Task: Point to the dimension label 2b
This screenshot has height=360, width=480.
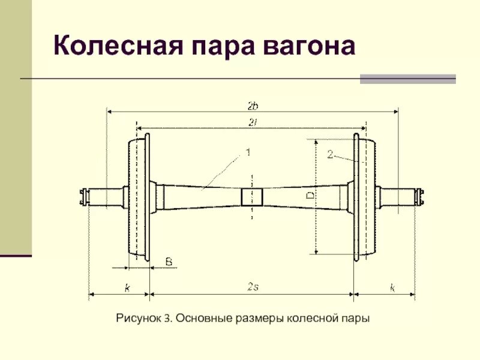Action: tap(253, 106)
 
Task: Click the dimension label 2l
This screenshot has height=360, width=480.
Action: tap(252, 122)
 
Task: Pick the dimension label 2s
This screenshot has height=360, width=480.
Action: tap(253, 287)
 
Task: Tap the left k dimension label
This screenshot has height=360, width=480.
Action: tap(127, 288)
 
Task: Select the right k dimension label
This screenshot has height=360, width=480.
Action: tap(392, 288)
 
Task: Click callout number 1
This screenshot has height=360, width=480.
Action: tap(247, 154)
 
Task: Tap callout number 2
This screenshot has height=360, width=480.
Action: tap(330, 154)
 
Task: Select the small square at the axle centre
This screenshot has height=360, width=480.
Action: tap(252, 197)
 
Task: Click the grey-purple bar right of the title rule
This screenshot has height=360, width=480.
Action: tap(407, 79)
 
